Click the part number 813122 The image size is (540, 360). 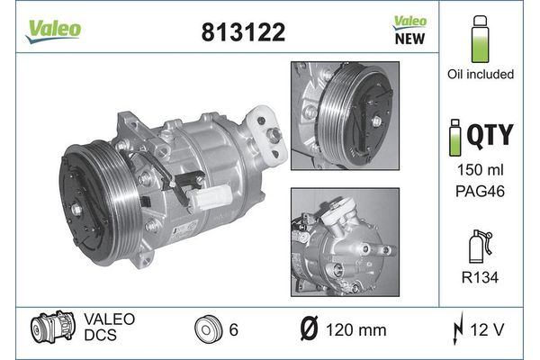(x=243, y=32)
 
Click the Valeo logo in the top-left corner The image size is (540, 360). (x=53, y=31)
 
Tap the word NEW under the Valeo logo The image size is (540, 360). (x=409, y=39)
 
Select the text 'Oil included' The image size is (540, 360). (x=481, y=74)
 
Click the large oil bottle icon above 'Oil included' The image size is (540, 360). (x=480, y=39)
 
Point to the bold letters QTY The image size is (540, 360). (x=490, y=135)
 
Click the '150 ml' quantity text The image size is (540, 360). (x=480, y=170)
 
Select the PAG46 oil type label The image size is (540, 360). (x=480, y=191)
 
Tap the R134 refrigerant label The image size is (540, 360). (x=480, y=277)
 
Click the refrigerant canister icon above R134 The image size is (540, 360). (x=480, y=247)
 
